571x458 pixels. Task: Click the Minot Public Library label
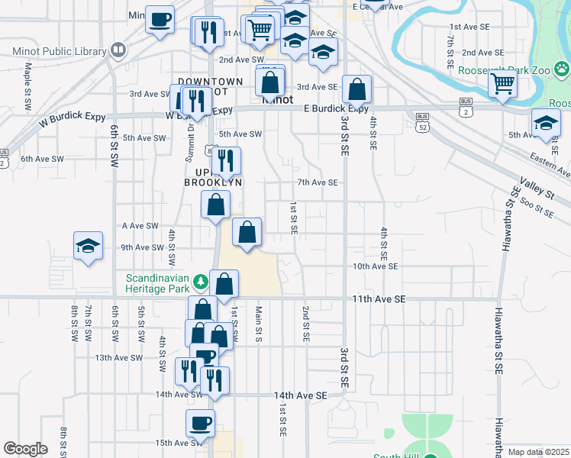pyautogui.click(x=60, y=52)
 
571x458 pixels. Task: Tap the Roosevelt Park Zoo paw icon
pyautogui.click(x=562, y=69)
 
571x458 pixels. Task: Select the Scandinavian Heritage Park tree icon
pyautogui.click(x=201, y=282)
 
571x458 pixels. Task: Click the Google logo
pyautogui.click(x=25, y=449)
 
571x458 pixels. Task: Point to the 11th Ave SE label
pyautogui.click(x=378, y=300)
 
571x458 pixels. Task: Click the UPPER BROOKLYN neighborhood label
pyautogui.click(x=215, y=176)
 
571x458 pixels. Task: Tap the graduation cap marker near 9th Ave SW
pyautogui.click(x=88, y=247)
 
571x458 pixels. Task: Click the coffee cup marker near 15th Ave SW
pyautogui.click(x=201, y=422)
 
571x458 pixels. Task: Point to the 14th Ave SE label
pyautogui.click(x=301, y=395)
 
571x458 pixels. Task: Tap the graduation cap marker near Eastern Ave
pyautogui.click(x=546, y=123)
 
